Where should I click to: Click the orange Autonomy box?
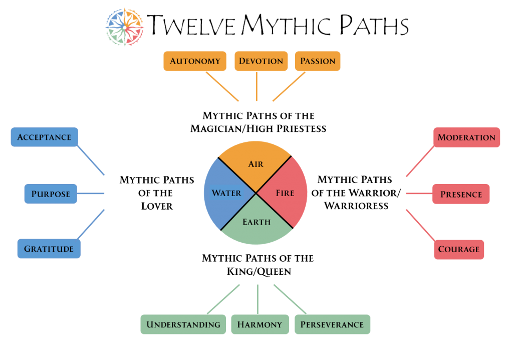[195, 61]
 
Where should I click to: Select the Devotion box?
[261, 61]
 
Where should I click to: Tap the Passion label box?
[318, 61]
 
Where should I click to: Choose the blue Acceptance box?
[44, 137]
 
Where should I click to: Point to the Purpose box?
[51, 194]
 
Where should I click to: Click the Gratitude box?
[49, 249]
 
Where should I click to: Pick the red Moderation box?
[466, 137]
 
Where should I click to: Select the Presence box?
[461, 194]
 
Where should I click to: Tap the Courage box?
[459, 249]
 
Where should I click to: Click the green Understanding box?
[183, 324]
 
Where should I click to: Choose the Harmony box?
[260, 324]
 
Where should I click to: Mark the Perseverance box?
[332, 324]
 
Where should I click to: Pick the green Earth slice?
[256, 224]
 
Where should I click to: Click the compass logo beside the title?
[125, 27]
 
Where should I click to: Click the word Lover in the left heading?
[156, 206]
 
